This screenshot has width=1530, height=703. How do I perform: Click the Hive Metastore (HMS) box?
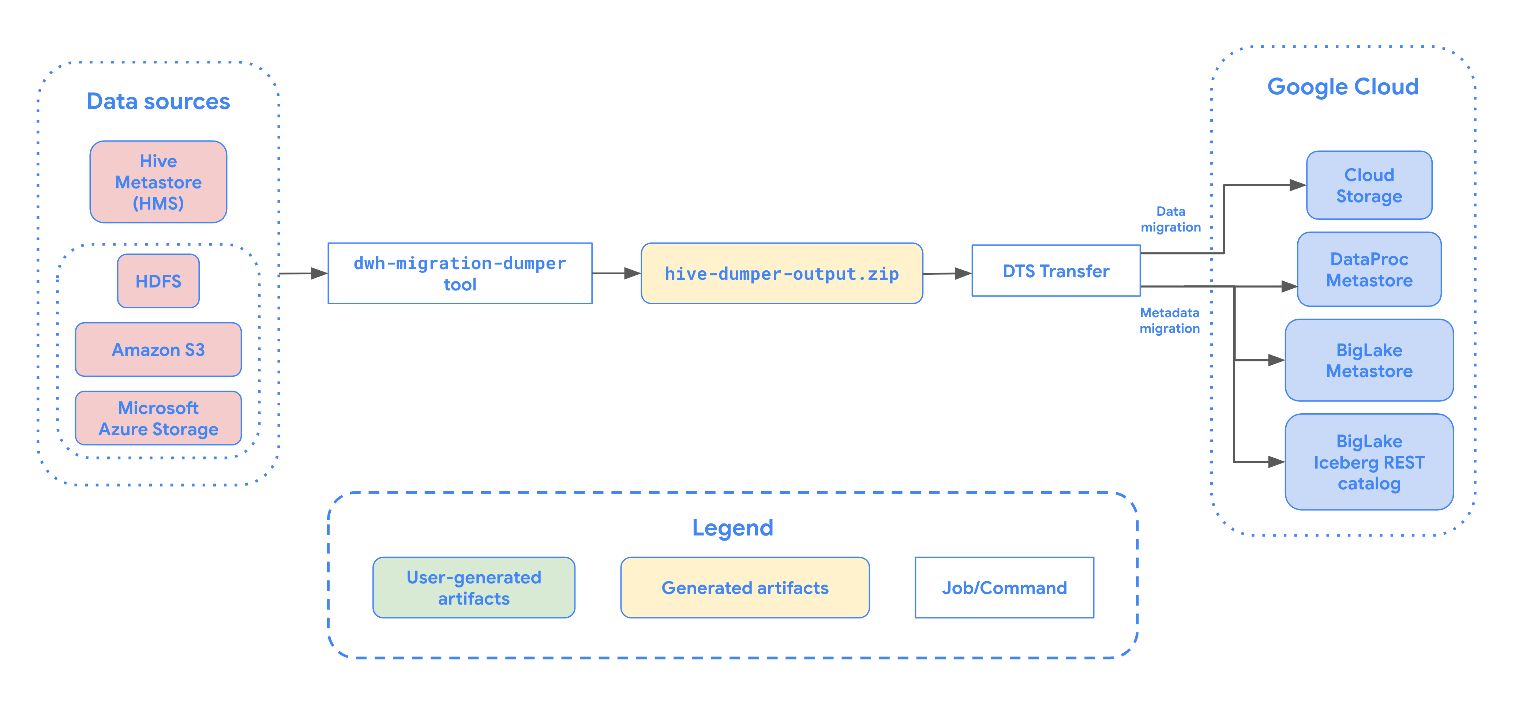pyautogui.click(x=158, y=182)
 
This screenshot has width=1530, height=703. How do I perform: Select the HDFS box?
pyautogui.click(x=158, y=281)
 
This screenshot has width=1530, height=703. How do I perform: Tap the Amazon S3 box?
pyautogui.click(x=158, y=350)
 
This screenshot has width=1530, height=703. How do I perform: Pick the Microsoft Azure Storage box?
pyautogui.click(x=158, y=418)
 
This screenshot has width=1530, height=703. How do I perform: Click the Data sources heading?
pyautogui.click(x=158, y=102)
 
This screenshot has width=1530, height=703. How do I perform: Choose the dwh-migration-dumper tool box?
pyautogui.click(x=460, y=273)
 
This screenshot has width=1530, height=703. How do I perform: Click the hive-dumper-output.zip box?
pyautogui.click(x=781, y=274)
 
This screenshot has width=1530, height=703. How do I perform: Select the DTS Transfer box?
pyautogui.click(x=1055, y=271)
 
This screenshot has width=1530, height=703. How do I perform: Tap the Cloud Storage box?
pyautogui.click(x=1369, y=185)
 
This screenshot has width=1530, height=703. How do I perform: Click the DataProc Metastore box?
pyautogui.click(x=1369, y=270)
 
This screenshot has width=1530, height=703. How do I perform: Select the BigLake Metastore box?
pyautogui.click(x=1369, y=360)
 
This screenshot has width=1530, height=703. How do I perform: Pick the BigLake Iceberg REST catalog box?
pyautogui.click(x=1369, y=462)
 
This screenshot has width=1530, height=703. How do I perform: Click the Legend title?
pyautogui.click(x=732, y=527)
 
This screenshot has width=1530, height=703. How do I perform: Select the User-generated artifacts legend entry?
pyautogui.click(x=473, y=588)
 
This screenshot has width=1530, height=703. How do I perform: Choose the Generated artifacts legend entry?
pyautogui.click(x=745, y=588)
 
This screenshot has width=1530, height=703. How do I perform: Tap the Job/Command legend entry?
pyautogui.click(x=1004, y=588)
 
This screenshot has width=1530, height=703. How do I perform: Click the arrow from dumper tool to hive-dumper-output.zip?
pyautogui.click(x=616, y=273)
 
